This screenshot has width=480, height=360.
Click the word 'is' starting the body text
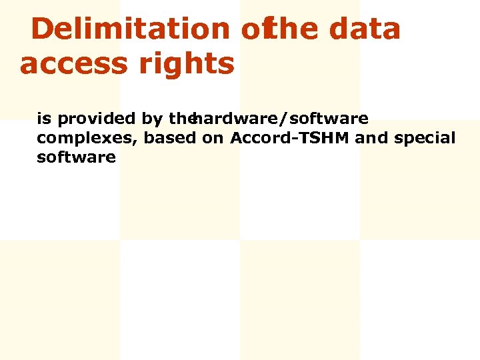(44, 119)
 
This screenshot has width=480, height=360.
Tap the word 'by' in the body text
(153, 120)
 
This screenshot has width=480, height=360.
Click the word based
(170, 138)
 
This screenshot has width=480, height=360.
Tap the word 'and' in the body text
(372, 138)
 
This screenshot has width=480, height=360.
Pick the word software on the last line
(76, 157)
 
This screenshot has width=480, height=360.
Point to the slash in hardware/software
(285, 119)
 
